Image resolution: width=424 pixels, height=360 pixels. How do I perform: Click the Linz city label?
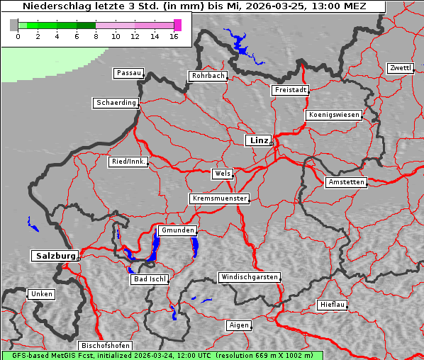(258, 140)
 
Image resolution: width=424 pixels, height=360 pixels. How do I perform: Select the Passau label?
(128, 73)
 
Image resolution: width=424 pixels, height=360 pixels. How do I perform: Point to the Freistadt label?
(290, 90)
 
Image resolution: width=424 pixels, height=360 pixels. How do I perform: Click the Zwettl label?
(400, 68)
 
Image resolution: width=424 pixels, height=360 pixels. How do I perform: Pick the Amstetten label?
(346, 182)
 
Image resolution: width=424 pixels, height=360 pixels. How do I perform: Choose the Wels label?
(222, 174)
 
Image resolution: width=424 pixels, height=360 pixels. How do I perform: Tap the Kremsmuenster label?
(219, 198)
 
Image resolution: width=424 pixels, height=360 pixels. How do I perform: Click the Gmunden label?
(177, 230)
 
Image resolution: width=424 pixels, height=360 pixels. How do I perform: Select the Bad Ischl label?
(150, 279)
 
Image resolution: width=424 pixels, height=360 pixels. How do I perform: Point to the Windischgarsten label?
(249, 277)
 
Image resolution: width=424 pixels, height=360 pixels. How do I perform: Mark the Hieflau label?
(333, 305)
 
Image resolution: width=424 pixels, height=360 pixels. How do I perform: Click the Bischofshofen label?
(105, 345)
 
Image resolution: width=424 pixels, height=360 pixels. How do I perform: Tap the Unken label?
(41, 294)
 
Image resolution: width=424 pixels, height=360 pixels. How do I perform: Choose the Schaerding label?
(116, 103)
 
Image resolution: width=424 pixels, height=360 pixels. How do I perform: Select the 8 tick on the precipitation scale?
(96, 36)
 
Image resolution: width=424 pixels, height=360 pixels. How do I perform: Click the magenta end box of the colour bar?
(177, 25)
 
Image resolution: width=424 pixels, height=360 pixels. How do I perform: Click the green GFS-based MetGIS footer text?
(162, 355)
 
